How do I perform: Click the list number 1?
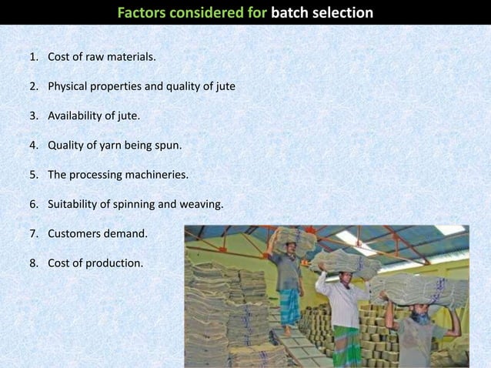34,57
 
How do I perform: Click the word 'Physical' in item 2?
68,86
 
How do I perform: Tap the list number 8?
34,263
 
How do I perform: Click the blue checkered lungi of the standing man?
290,307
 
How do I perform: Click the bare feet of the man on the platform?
288,331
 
